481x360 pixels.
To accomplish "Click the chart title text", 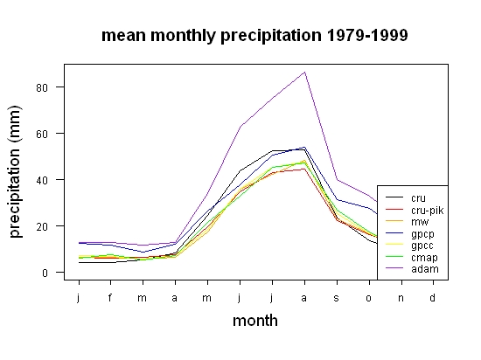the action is click(254, 36).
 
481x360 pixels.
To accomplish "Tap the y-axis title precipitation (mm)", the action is click(15, 171).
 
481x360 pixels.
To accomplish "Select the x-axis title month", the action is click(255, 321).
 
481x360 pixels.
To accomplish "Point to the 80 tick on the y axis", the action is click(42, 87).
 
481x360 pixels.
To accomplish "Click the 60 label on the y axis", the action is click(42, 134).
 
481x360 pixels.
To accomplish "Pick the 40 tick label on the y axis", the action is click(42, 180).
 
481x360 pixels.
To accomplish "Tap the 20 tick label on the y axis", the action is click(42, 226).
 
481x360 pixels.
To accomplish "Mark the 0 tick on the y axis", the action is click(45, 273).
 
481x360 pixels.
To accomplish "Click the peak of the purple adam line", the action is click(304, 73).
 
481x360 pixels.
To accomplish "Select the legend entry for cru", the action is click(418, 198).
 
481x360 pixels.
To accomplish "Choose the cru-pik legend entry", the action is click(428, 211).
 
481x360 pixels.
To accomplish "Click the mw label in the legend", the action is click(420, 222).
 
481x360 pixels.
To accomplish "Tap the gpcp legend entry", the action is click(422, 234).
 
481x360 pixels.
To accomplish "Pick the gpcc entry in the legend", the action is click(422, 246).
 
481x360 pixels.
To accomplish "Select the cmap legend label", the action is click(424, 258).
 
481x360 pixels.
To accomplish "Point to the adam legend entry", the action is click(425, 269).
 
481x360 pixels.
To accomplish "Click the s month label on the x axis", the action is click(337, 298).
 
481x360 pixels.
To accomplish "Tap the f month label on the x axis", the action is click(110, 297).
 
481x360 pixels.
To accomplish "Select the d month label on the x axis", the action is click(432, 297).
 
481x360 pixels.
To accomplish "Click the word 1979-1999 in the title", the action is click(367, 35).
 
